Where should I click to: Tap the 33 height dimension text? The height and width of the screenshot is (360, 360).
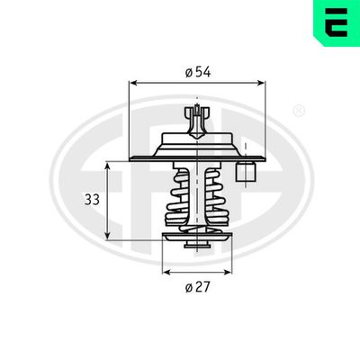pos(92,201)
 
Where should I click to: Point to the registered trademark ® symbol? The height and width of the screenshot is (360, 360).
pos(299,111)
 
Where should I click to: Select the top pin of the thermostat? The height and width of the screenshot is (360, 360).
pos(196,115)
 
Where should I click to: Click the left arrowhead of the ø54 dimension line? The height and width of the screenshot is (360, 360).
pos(133,83)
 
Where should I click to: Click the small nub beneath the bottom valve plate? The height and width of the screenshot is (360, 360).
pos(196,247)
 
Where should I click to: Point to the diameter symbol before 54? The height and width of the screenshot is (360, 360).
pos(189,71)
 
